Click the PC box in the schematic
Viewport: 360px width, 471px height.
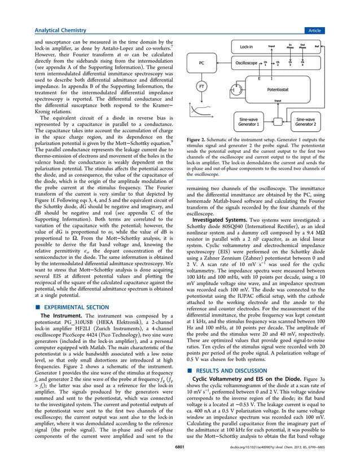pyautogui.click(x=201, y=64)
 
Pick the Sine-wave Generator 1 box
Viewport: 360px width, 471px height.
pyautogui.click(x=253, y=122)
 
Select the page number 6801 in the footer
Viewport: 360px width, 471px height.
pyautogui.click(x=180, y=463)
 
